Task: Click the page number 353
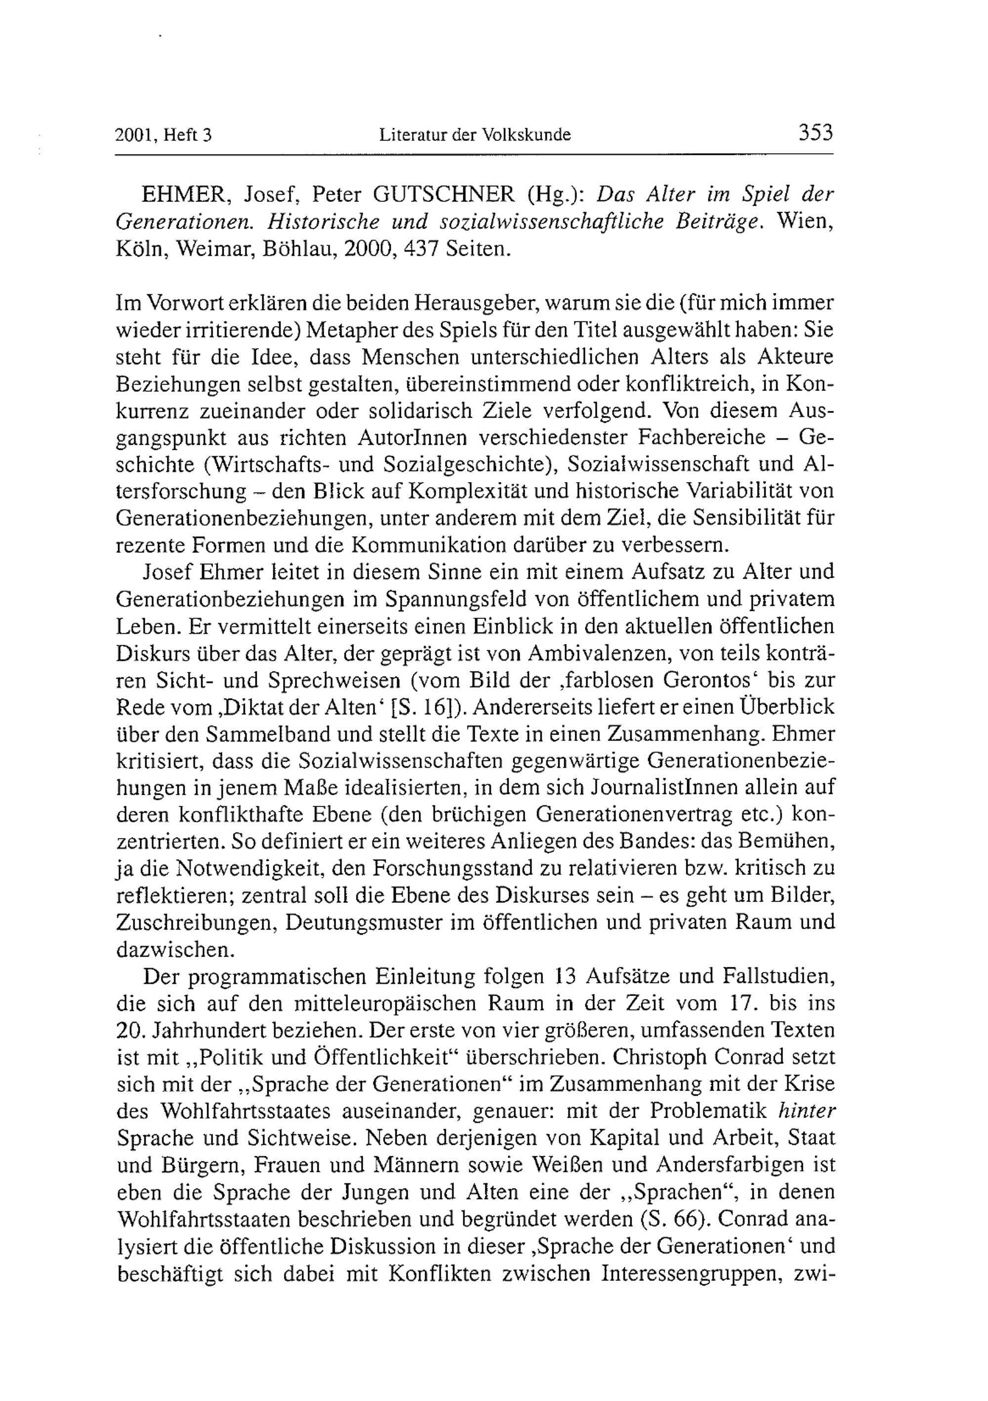pyautogui.click(x=815, y=133)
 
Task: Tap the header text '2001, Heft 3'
pyautogui.click(x=163, y=135)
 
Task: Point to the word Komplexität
pyautogui.click(x=461, y=491)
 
